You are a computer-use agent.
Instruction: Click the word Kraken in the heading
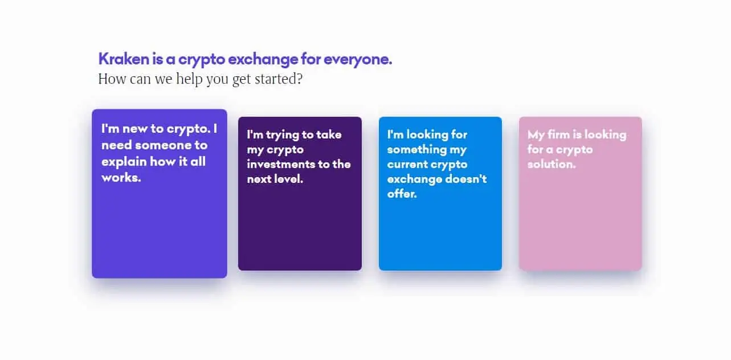(124, 59)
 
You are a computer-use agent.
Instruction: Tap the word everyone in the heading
(358, 60)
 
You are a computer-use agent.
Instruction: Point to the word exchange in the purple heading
(263, 60)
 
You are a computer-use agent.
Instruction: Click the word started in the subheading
(279, 79)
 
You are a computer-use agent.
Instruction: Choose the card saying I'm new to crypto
(160, 194)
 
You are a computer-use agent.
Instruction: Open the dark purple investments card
(300, 194)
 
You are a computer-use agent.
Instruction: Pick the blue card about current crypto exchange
(440, 194)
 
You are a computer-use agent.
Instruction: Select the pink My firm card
(580, 194)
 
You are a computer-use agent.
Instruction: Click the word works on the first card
(121, 178)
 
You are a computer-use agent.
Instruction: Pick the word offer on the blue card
(402, 194)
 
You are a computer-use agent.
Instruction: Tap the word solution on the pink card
(552, 164)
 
